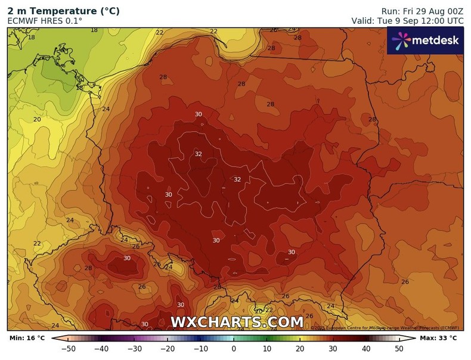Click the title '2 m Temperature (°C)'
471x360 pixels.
click(63, 10)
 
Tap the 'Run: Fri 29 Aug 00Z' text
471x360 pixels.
click(422, 11)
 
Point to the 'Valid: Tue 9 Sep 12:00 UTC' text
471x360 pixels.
click(407, 20)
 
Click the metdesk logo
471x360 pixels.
click(425, 41)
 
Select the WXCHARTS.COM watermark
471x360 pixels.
click(237, 322)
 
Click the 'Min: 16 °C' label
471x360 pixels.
click(27, 339)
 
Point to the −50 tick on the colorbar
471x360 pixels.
click(69, 349)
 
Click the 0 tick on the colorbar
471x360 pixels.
click(234, 349)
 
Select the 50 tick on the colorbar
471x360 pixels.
click(399, 349)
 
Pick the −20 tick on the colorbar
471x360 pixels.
click(168, 349)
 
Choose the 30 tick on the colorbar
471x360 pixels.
click(333, 349)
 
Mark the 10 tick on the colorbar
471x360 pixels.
click(267, 349)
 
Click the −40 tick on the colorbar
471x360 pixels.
click(101, 349)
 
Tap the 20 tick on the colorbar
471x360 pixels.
click(300, 349)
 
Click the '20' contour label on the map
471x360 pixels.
click(37, 119)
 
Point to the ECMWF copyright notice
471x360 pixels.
click(385, 328)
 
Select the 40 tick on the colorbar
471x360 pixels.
click(365, 349)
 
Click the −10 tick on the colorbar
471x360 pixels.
click(200, 349)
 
